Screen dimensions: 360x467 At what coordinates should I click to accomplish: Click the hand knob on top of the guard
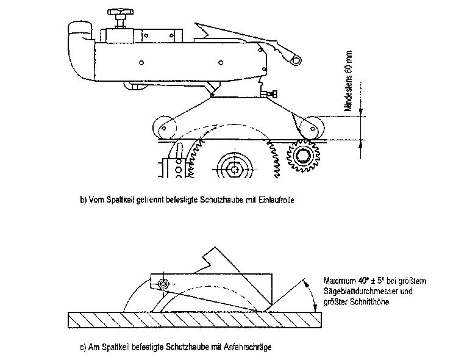click(x=118, y=13)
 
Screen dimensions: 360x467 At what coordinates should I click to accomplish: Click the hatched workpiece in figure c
click(x=195, y=319)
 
